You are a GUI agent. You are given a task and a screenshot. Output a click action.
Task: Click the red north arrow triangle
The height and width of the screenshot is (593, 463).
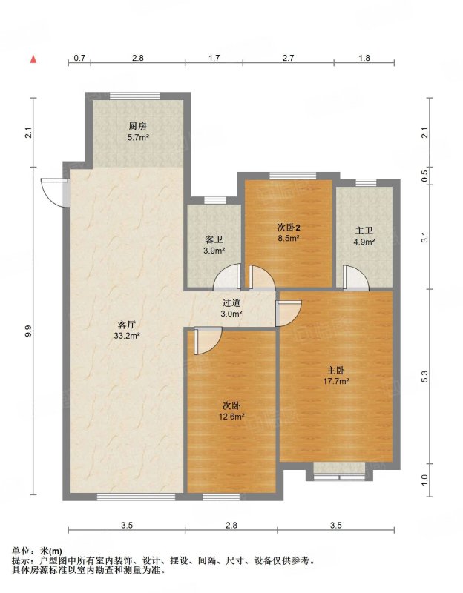pos(33,59)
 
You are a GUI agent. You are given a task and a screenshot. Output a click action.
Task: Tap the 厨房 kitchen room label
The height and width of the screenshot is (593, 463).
pos(138,126)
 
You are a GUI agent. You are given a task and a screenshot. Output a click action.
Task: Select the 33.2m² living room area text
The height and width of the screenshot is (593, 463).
pos(127,336)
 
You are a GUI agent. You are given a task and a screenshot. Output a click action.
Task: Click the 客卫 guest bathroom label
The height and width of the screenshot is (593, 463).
pos(214,239)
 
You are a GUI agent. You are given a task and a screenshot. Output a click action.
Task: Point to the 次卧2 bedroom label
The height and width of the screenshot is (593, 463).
pos(289,228)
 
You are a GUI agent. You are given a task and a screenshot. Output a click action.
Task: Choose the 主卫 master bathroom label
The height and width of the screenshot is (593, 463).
pos(364,231)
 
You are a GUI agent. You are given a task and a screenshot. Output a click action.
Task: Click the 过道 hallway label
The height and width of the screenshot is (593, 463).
pos(231,303)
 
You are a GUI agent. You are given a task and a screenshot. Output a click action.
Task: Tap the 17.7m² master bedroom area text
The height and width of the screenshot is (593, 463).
pos(336,381)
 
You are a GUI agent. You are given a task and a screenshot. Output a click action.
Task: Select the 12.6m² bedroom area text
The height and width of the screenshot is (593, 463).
pos(231,417)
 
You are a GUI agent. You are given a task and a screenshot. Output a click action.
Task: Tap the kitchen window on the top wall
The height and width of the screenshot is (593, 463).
pos(135,96)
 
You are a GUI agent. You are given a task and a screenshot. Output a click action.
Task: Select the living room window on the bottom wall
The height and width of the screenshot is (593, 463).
pos(136,497)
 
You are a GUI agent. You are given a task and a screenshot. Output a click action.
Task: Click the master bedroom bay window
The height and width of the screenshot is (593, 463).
pos(339,471)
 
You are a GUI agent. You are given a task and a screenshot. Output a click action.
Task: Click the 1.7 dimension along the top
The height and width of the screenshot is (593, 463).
pos(214,58)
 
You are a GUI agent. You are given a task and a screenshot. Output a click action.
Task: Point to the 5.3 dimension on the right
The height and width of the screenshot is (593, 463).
pos(424,377)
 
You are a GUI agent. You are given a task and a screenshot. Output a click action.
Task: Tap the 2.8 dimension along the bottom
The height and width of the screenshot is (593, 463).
pos(231,525)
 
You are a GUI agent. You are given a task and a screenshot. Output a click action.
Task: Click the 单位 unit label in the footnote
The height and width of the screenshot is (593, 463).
pos(21,551)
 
